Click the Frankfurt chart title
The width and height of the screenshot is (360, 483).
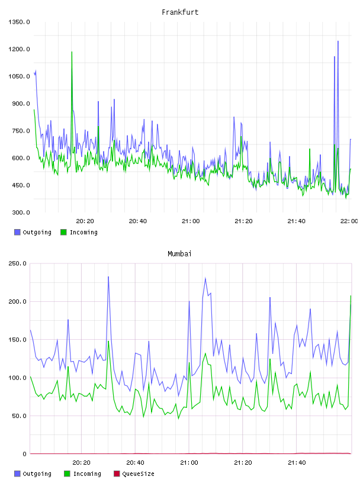click(x=180, y=12)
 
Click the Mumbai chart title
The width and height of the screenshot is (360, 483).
click(x=179, y=254)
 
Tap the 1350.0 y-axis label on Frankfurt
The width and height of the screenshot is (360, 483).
click(x=19, y=22)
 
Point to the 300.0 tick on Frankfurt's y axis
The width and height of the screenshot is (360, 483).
click(x=21, y=212)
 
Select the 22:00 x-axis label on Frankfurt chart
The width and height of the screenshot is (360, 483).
click(x=349, y=221)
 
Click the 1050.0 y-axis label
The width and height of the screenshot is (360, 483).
click(x=19, y=76)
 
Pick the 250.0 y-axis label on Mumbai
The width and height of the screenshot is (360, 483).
click(x=17, y=263)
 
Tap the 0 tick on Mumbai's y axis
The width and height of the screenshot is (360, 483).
click(x=25, y=454)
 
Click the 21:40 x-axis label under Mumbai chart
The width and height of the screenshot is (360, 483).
click(x=297, y=462)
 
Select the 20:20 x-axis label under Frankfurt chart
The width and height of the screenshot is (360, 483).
click(x=85, y=221)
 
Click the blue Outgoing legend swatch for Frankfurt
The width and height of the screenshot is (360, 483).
click(x=17, y=232)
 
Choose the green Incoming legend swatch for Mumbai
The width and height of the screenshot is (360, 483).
click(x=67, y=474)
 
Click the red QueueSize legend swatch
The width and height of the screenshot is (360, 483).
click(x=117, y=474)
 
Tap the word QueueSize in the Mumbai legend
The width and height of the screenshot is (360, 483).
click(x=138, y=474)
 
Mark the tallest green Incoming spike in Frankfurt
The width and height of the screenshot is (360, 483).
click(x=72, y=52)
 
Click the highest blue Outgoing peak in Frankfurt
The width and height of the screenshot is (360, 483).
click(x=338, y=41)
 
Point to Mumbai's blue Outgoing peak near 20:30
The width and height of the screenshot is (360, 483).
click(x=108, y=276)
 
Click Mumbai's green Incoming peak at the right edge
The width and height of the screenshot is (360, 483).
click(x=351, y=296)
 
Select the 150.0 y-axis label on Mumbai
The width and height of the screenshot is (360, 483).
click(x=17, y=339)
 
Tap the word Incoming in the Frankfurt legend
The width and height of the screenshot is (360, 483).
click(x=83, y=232)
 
